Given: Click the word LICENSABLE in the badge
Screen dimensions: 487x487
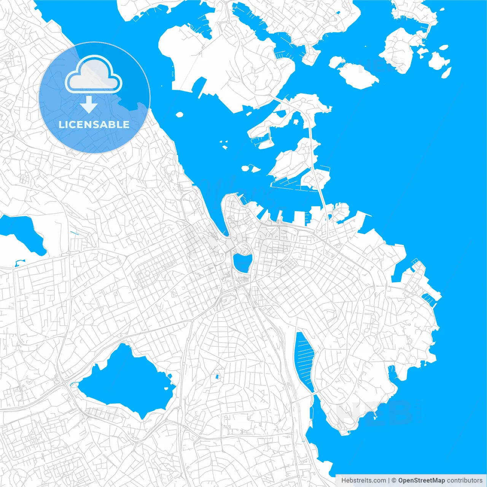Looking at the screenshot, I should coord(94,124).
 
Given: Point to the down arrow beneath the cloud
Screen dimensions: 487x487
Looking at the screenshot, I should coord(89,105).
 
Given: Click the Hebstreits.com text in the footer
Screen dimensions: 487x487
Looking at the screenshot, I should coord(363,481).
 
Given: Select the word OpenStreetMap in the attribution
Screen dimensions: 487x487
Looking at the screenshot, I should coord(421,481).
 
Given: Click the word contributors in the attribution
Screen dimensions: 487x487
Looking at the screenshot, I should coord(465,481).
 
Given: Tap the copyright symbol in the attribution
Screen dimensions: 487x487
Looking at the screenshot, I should coord(394,481).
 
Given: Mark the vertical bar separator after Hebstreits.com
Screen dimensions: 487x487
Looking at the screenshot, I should coord(389,481).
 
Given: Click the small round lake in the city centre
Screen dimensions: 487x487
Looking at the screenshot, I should coord(242,263).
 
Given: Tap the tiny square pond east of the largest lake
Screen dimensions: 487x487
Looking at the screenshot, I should coord(217,377).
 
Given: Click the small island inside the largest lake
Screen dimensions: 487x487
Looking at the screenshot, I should coord(166,388).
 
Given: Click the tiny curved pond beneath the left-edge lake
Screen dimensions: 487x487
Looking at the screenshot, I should coord(19,262).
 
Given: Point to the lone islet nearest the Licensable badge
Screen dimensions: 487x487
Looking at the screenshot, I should coord(179,114).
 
